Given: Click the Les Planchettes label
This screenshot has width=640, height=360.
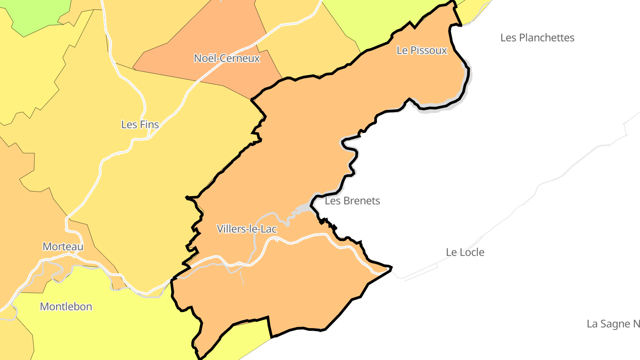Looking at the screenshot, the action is [537, 38].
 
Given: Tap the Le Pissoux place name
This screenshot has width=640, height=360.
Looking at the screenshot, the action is [421, 51].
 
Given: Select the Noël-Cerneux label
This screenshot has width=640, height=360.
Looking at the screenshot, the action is [227, 58].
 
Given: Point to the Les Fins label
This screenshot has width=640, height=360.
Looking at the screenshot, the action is [140, 124].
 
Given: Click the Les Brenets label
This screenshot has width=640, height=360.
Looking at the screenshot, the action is [352, 201].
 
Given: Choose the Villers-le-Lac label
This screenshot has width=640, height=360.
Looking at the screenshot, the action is [247, 229].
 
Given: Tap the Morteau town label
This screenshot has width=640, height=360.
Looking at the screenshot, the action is [63, 247].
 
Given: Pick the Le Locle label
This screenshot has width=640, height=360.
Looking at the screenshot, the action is [465, 252].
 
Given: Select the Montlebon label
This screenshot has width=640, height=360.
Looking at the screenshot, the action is [66, 307].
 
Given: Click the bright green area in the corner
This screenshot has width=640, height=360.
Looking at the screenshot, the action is [40, 13].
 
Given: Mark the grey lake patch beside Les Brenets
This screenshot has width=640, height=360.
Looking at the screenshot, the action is [303, 208].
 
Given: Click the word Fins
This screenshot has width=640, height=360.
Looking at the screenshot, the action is [149, 124].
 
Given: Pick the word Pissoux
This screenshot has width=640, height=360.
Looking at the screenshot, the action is [428, 51].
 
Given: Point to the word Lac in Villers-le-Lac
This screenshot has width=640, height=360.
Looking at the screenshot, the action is [269, 229].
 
